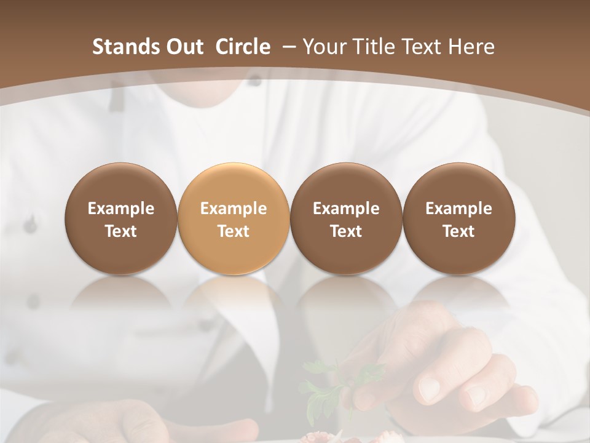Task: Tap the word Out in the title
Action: pos(183,47)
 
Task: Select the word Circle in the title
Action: pos(243,47)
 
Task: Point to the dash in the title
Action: pos(288,47)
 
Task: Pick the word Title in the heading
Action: pos(374,47)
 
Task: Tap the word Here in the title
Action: pos(471,47)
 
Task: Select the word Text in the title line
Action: pos(423,47)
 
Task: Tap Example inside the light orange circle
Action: pos(234,209)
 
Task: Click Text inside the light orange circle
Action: pos(234,231)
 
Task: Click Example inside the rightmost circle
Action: pos(458,209)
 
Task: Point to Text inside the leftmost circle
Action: pos(121,231)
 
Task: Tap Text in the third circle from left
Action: pos(346,231)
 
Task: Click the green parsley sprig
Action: pos(323,385)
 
